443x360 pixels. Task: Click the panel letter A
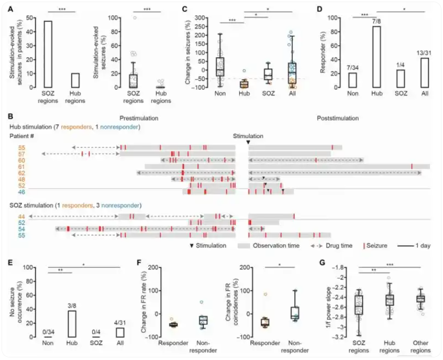[x=9, y=7]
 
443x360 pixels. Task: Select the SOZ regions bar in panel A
[x=47, y=54]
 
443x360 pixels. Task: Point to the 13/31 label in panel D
[x=424, y=52]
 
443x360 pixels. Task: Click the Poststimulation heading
[x=338, y=118]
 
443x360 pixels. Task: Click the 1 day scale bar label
[x=422, y=245]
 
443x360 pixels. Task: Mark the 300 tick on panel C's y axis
[x=198, y=18]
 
